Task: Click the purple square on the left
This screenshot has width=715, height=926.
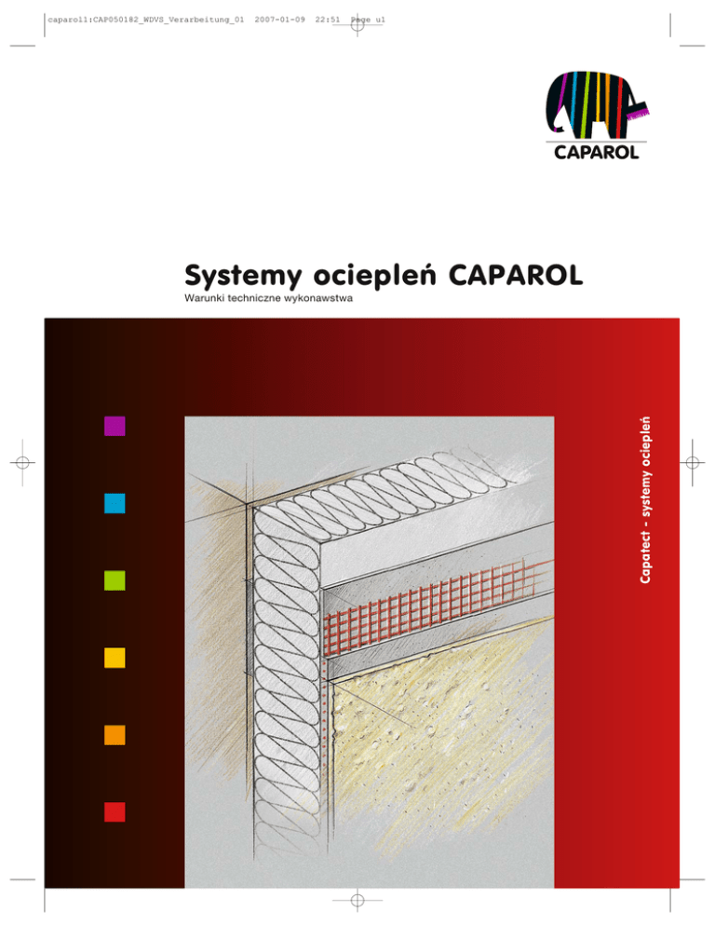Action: pos(115,426)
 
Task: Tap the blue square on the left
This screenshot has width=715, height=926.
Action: pos(115,503)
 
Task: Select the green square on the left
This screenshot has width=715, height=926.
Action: pos(115,579)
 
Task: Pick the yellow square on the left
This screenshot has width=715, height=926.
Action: pos(115,657)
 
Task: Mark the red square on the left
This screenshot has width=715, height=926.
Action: pos(115,810)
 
